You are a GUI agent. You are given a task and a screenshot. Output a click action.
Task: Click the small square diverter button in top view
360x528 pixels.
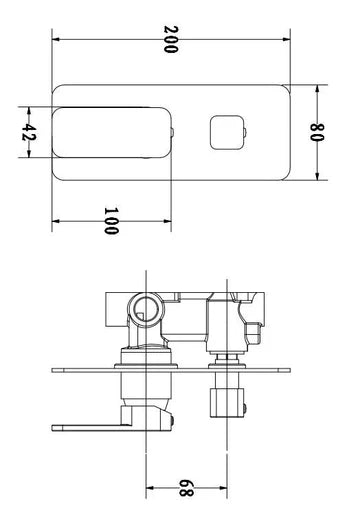pyautogui.click(x=223, y=132)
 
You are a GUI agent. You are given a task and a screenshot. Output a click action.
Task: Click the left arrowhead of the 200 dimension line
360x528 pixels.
pyautogui.click(x=56, y=40)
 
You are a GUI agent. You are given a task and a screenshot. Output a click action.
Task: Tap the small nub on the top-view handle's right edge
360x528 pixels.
pyautogui.click(x=175, y=132)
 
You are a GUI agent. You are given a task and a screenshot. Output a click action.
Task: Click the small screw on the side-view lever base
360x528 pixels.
pyautogui.click(x=171, y=419)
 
